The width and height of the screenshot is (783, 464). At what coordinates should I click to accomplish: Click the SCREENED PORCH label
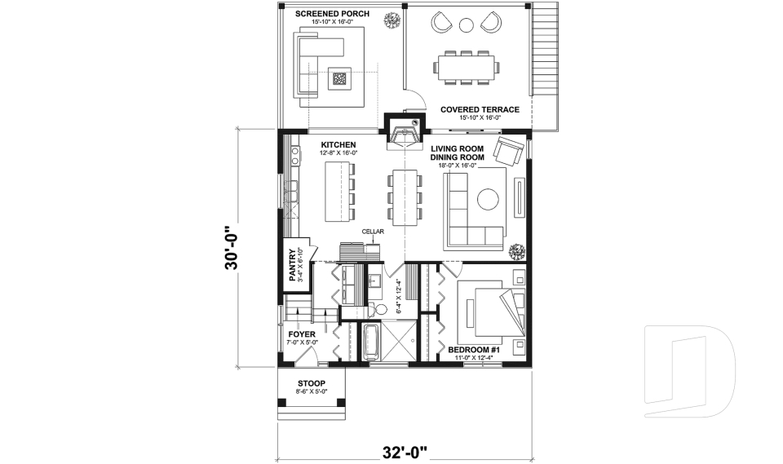point(332,14)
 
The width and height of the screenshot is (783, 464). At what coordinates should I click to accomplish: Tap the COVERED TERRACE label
point(480,109)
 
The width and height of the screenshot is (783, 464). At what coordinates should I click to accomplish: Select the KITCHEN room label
point(338,145)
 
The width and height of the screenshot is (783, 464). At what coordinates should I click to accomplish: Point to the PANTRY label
point(293,265)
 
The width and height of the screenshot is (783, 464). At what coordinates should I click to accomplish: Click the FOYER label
point(302,334)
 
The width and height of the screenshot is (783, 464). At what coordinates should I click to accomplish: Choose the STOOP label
point(312,383)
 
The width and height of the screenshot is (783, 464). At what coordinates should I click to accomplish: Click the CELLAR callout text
point(373,232)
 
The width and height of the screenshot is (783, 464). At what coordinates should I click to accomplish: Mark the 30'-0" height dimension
point(232,248)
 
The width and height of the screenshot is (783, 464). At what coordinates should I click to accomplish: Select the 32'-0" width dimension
point(405,452)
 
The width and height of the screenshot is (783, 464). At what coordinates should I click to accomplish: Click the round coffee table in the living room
point(488,200)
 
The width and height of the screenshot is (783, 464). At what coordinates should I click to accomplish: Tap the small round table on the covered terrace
point(466,24)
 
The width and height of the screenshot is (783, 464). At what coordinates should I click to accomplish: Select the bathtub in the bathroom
point(370,342)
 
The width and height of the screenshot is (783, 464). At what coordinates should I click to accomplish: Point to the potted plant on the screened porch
point(391,20)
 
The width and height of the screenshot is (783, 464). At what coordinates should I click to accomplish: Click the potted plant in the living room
point(517,251)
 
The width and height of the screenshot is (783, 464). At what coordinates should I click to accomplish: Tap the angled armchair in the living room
point(509,152)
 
